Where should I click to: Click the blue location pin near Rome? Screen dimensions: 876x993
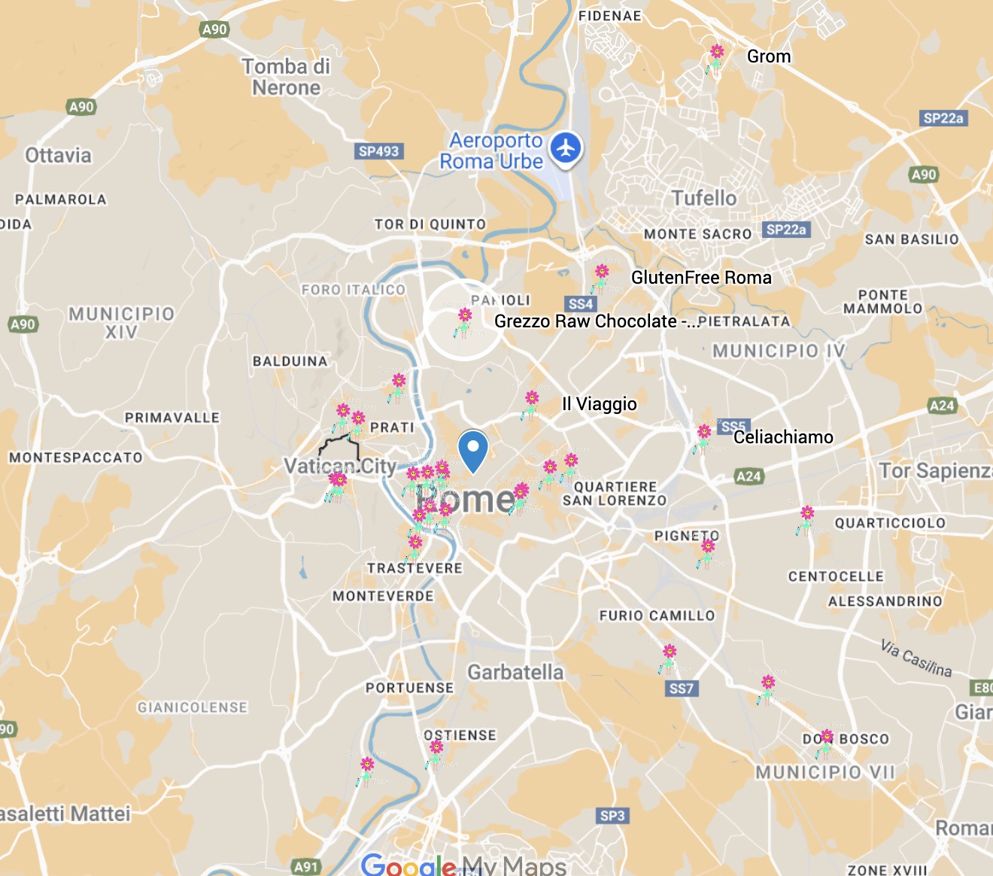coord(473,449)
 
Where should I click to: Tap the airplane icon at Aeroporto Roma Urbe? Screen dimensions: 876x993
coord(566,148)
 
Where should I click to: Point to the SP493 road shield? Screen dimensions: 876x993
coord(378,151)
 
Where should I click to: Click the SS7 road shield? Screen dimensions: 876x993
coord(681,689)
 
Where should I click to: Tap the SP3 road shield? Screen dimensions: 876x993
coord(612,816)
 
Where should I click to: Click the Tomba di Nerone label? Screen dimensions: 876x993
coord(286,77)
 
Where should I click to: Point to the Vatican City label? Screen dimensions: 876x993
coord(340,467)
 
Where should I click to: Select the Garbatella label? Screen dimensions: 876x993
coord(515,672)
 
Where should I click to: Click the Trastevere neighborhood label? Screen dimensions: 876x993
coord(415,568)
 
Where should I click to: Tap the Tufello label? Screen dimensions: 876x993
coord(704,198)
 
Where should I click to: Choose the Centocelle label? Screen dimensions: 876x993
coord(836,576)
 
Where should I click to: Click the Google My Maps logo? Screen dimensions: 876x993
coord(463,865)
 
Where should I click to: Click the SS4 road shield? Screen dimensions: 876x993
coord(581,304)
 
